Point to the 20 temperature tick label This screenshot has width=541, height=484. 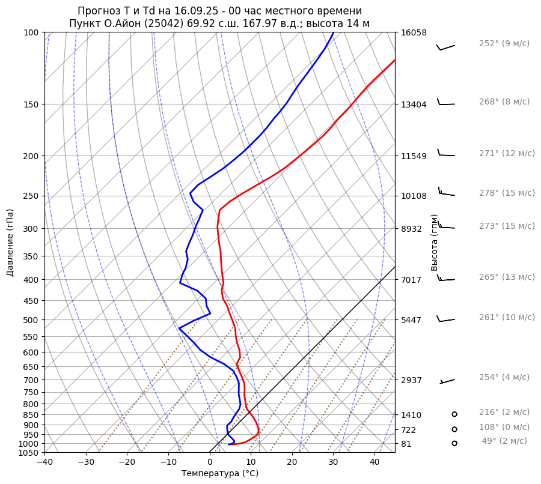pyautogui.click(x=292, y=462)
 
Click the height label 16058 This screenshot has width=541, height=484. pyautogui.click(x=414, y=32)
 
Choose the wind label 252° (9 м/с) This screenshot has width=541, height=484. pyautogui.click(x=504, y=44)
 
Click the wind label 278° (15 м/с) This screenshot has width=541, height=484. pyautogui.click(x=507, y=193)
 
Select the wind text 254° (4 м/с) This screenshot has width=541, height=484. pyautogui.click(x=504, y=378)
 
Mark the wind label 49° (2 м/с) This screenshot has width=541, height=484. pyautogui.click(x=504, y=441)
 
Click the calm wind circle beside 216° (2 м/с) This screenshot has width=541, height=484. pyautogui.click(x=454, y=414)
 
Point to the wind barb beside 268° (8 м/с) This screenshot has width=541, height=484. pyautogui.click(x=445, y=103)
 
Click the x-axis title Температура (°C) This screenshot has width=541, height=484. pyautogui.click(x=220, y=474)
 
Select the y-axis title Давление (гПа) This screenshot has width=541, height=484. pyautogui.click(x=10, y=243)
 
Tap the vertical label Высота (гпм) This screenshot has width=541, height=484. pyautogui.click(x=435, y=243)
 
